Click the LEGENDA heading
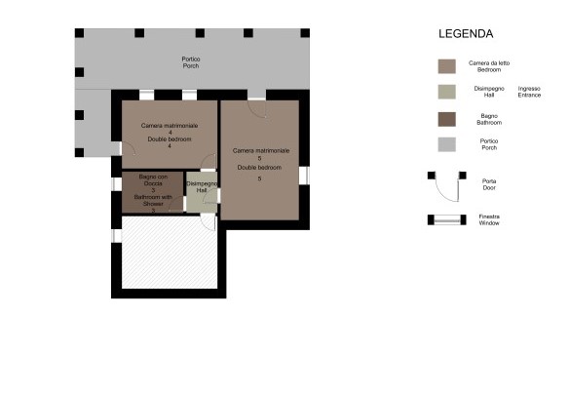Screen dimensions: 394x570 tap(466, 33)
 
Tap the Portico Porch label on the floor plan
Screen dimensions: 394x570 tap(191, 62)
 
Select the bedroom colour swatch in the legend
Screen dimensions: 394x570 tap(446, 66)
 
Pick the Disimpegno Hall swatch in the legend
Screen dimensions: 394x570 tap(446, 93)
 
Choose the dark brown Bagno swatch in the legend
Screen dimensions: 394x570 tap(446, 119)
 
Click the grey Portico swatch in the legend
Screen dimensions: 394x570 tap(446, 144)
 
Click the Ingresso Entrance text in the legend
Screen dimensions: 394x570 tap(529, 93)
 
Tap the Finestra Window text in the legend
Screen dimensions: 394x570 tap(489, 219)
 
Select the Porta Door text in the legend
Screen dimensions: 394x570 tap(489, 184)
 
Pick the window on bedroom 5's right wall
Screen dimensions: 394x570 tap(303, 176)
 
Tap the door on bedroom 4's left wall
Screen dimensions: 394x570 tap(119, 149)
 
